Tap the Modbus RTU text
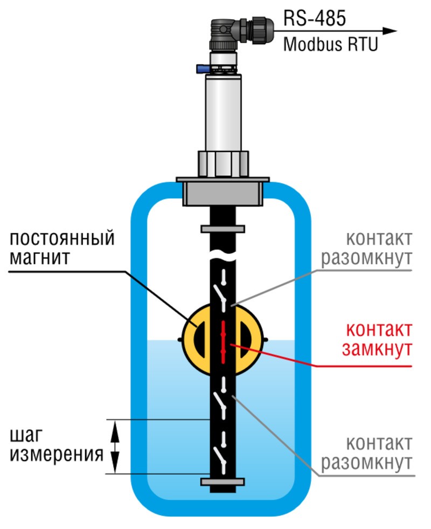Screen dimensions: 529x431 pos(331,44)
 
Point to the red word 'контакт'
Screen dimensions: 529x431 pos(379,328)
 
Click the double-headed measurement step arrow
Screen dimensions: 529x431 pos(114,446)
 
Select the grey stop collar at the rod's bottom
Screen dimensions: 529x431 pos(223,481)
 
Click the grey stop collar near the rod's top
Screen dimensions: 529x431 pos(223,229)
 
